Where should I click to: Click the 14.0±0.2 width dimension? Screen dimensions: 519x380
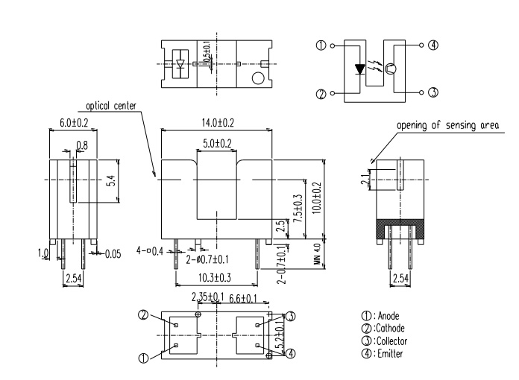click(x=218, y=123)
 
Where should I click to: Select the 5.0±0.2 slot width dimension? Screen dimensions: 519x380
click(x=217, y=143)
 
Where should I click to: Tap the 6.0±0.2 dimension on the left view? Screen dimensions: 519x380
click(x=74, y=123)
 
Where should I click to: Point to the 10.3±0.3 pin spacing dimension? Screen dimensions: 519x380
click(x=215, y=278)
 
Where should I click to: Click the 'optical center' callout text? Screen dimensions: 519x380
click(x=111, y=106)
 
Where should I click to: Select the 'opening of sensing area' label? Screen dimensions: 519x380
click(x=447, y=125)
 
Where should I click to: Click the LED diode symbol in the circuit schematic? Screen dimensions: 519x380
click(x=359, y=69)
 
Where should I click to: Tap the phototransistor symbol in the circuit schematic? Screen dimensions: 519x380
click(x=391, y=69)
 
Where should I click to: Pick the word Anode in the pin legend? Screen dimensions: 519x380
click(x=389, y=316)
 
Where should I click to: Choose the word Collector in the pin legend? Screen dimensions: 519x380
click(x=392, y=341)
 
